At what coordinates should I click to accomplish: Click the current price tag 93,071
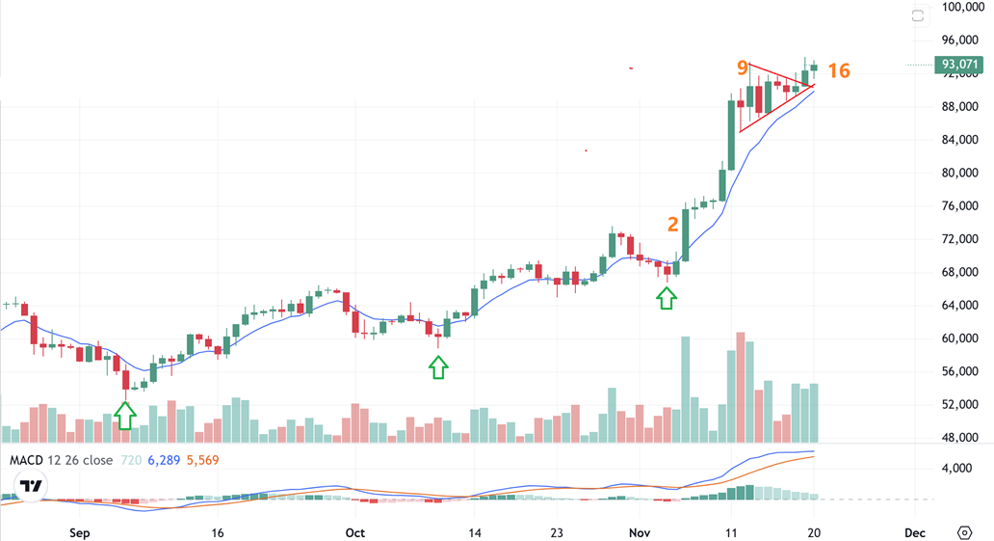[960, 65]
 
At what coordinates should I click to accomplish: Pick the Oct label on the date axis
[354, 532]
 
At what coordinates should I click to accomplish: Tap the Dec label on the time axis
[915, 532]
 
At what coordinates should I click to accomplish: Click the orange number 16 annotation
[838, 71]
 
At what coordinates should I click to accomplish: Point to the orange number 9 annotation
[742, 68]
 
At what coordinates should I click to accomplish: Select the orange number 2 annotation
[672, 224]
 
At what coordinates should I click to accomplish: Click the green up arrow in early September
[125, 415]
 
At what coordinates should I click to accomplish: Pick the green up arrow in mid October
[438, 366]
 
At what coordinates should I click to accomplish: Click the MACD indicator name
[28, 460]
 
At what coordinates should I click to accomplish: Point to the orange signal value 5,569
[202, 460]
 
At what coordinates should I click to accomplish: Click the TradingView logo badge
[32, 486]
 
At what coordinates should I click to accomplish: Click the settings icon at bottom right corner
[964, 532]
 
